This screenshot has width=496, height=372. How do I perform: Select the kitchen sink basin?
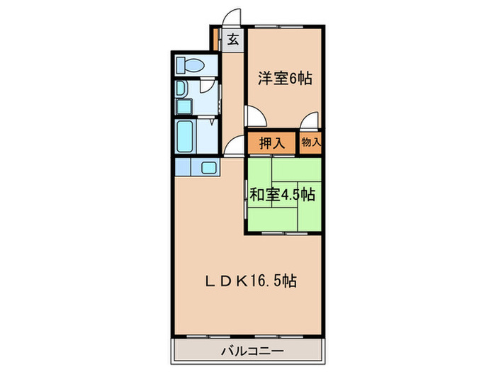pos(210,168)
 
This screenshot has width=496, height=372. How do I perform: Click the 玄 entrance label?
pos(232,40)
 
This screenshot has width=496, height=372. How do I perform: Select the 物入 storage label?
pos(310,142)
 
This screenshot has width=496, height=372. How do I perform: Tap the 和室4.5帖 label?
pos(281,194)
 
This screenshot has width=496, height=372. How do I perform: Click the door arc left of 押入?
pos(234,146)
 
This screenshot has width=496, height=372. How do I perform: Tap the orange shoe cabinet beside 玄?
pos(215,39)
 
